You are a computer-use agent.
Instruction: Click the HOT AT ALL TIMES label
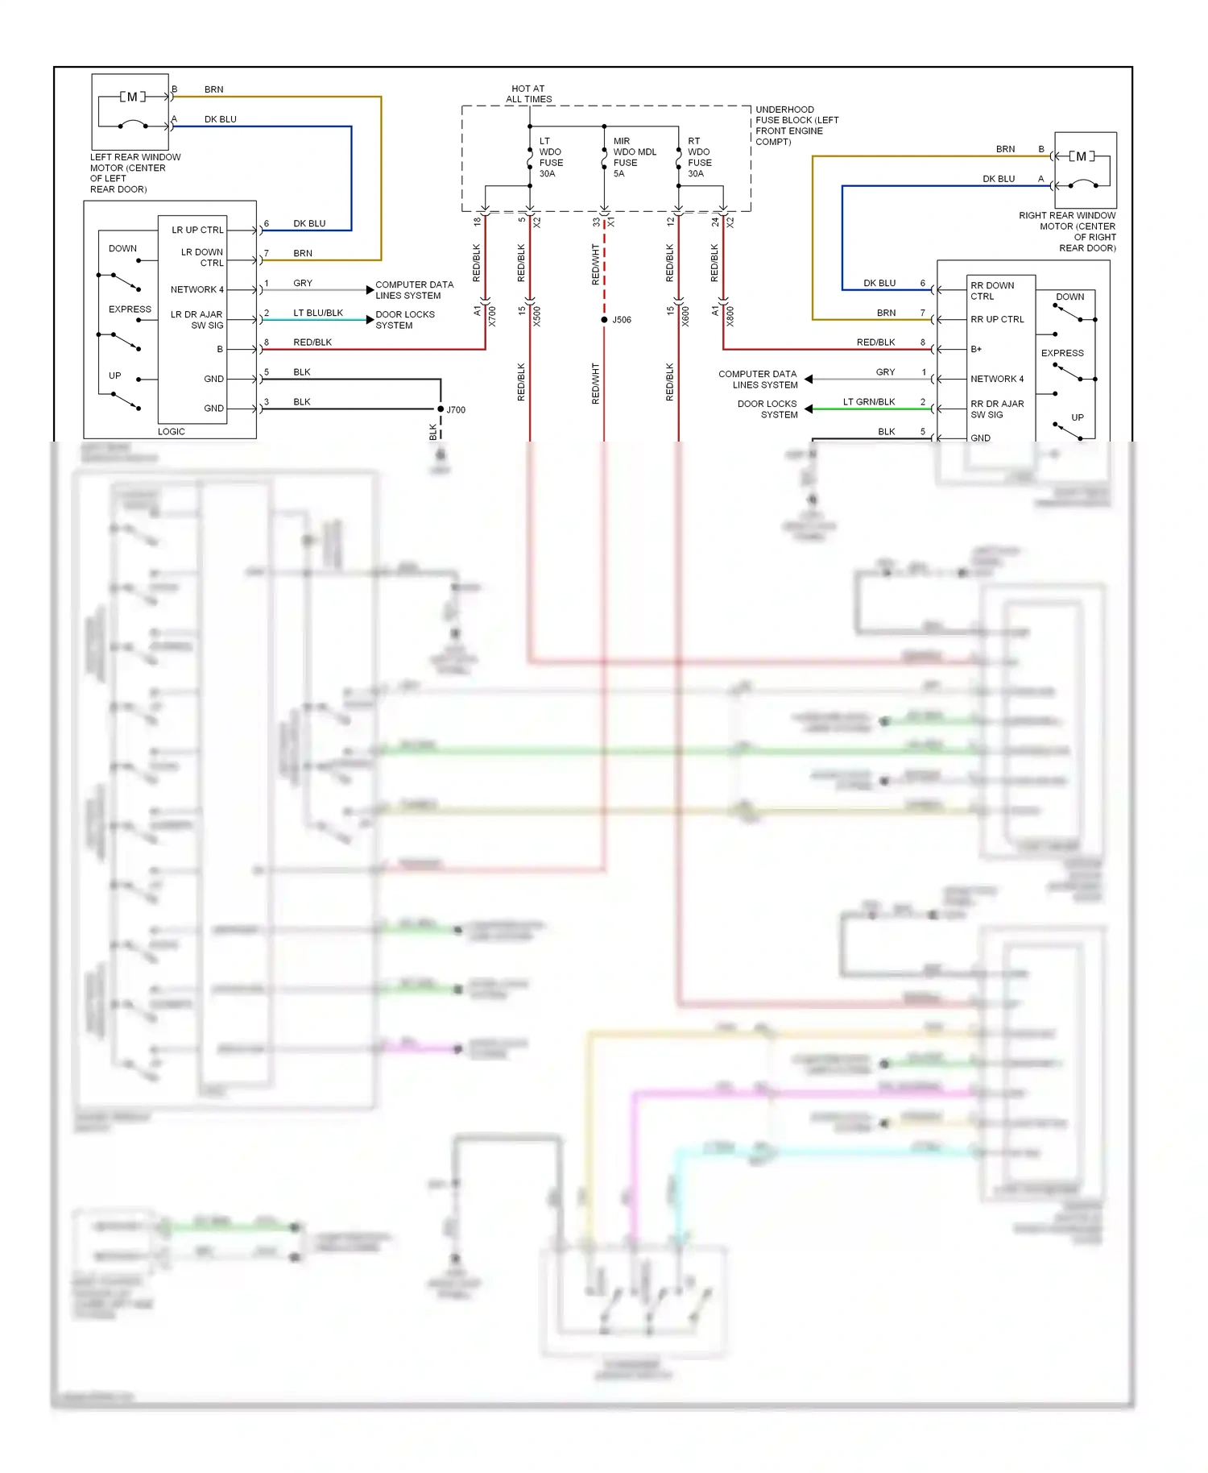pos(528,94)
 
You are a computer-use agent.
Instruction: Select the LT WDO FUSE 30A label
pos(551,157)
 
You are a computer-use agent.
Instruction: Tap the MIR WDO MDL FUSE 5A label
pos(634,157)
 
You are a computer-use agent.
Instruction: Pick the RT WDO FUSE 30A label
pos(699,157)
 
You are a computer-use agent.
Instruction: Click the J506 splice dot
pos(604,320)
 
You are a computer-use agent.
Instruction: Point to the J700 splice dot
pos(441,409)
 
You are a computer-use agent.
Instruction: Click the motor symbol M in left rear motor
pos(133,97)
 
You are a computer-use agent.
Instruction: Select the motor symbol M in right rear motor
pos(1082,156)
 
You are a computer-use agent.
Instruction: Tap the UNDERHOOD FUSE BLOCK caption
pos(796,126)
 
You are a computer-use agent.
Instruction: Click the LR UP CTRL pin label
pos(197,230)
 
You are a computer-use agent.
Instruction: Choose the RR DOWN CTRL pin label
pos(991,291)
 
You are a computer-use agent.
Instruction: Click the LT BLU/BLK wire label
pos(318,313)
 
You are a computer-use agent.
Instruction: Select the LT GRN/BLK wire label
pos(869,401)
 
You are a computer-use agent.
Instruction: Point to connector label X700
pos(492,316)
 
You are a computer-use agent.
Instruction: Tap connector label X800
pos(730,316)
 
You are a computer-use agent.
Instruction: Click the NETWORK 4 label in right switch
pos(997,379)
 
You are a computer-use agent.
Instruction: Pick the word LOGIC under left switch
pos(172,431)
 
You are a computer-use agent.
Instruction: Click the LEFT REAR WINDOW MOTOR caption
pos(134,173)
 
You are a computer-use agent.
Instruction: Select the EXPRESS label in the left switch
pos(130,309)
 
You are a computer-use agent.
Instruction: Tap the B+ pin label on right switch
pos(976,349)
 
